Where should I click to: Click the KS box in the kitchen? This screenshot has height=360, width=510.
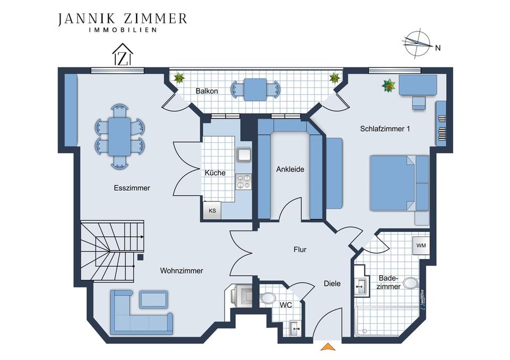212,210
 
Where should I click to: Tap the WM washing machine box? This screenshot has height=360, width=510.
421,245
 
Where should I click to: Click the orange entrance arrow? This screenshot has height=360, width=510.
328,347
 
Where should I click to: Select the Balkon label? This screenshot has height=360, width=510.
207,91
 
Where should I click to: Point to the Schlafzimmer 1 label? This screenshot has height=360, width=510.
385,128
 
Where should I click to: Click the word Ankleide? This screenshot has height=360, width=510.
290,169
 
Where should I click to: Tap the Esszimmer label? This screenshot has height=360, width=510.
132,188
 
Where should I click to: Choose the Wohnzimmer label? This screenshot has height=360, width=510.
182,271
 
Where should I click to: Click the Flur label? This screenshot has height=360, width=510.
300,250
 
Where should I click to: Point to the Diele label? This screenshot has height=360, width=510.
332,284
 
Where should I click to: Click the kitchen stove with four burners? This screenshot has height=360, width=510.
243,182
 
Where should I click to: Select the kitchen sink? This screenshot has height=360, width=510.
244,155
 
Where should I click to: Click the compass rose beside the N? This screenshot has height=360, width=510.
418,43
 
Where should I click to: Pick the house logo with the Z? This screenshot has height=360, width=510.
123,54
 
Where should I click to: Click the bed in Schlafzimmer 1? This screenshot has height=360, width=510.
399,183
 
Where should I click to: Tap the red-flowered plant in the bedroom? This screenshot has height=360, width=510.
389,85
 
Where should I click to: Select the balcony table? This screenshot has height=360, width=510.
256,89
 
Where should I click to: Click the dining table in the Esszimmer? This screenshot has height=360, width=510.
120,136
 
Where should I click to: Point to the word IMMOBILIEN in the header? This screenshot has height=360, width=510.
123,30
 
